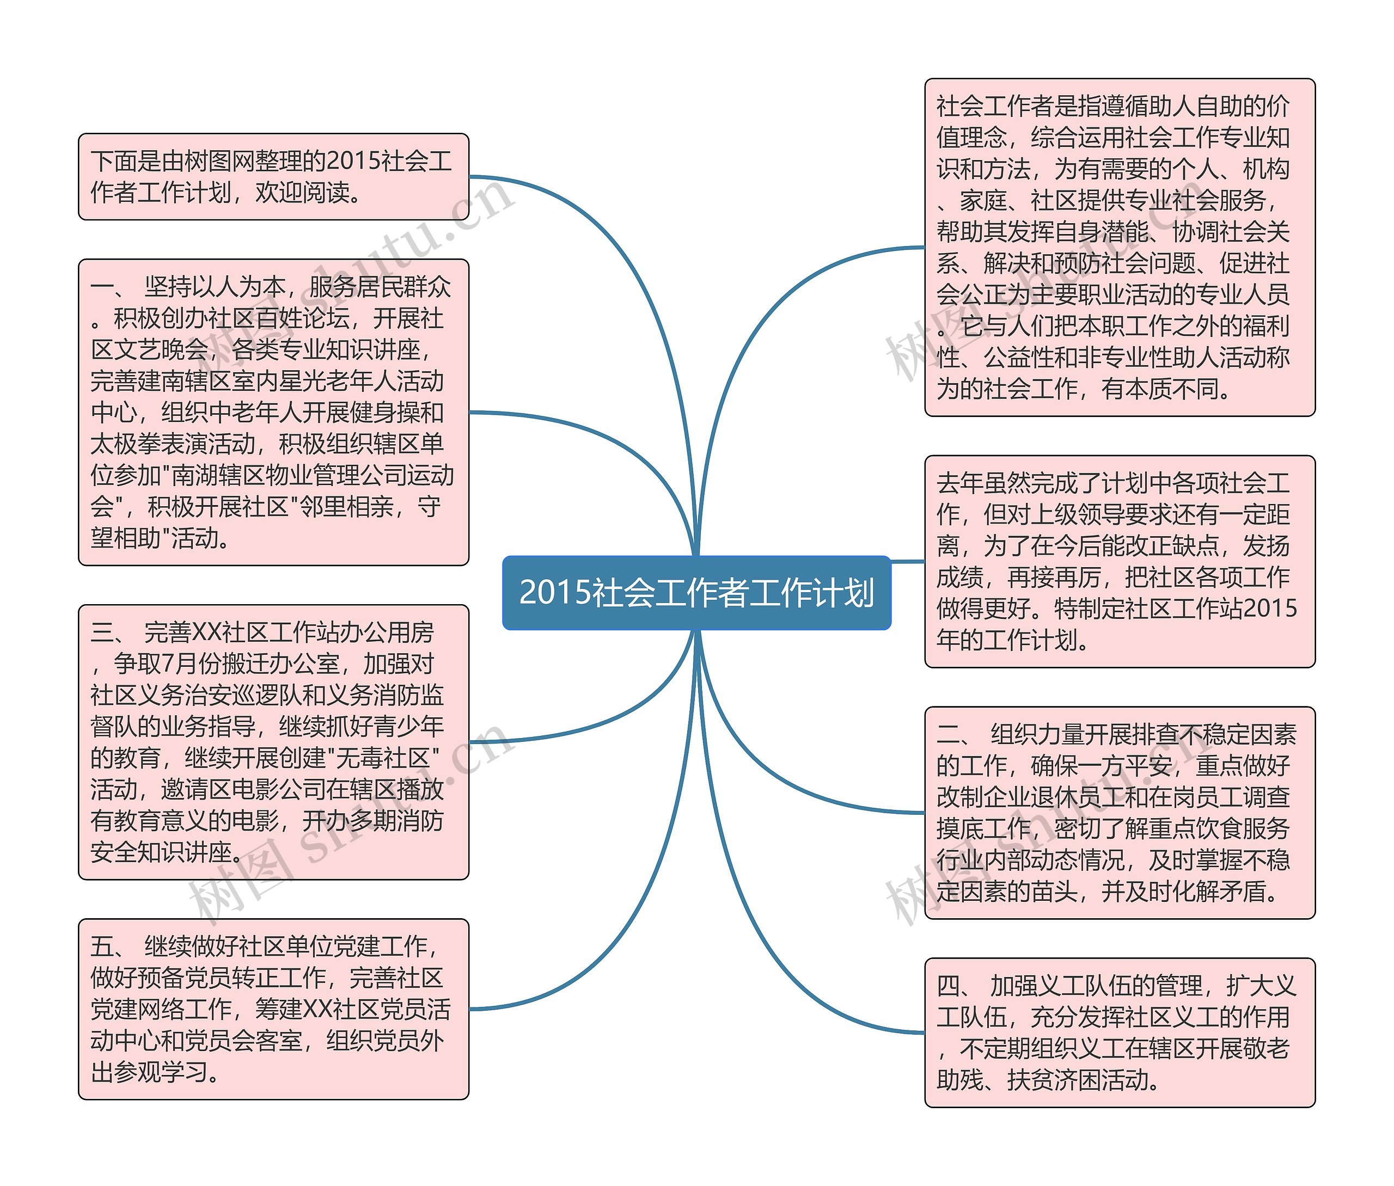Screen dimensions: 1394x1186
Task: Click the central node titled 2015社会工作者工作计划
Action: [696, 592]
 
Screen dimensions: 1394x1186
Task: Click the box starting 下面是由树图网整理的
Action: [273, 177]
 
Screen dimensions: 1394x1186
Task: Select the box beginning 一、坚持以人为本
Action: [273, 412]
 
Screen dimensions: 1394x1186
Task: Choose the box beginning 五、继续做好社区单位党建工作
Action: [273, 1009]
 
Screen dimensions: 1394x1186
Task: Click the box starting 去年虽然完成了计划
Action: [1120, 561]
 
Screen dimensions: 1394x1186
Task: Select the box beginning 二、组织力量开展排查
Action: [1120, 812]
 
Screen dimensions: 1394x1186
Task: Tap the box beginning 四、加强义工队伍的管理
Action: [1120, 1032]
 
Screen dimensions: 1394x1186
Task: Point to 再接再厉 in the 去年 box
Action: [1054, 577]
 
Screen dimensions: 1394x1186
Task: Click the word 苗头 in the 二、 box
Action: [1054, 892]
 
